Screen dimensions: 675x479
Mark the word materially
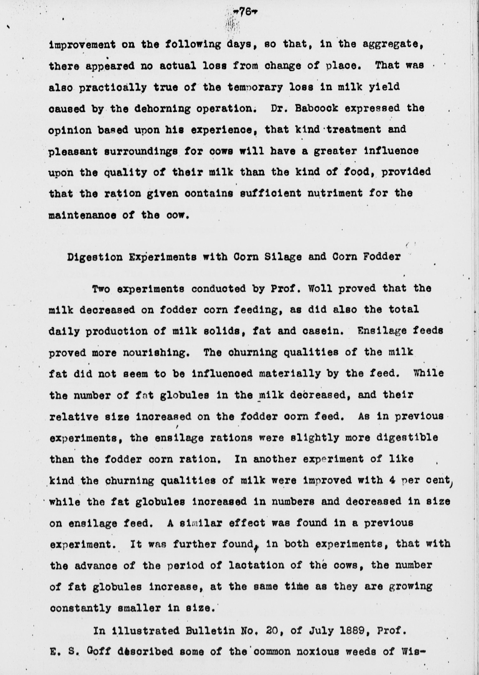pyautogui.click(x=290, y=374)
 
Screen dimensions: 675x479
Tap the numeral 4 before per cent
pyautogui.click(x=392, y=480)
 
